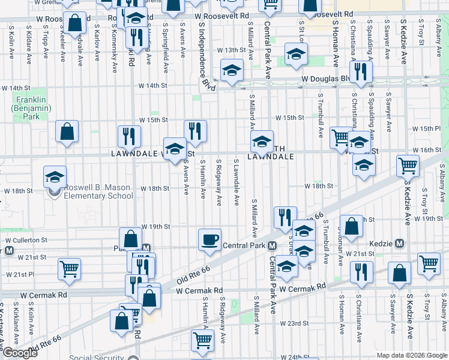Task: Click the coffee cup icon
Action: [x=209, y=240]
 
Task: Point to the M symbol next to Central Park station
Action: [x=272, y=246]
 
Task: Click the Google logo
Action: [x=20, y=353]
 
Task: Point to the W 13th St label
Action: [x=228, y=50]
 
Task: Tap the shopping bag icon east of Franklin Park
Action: [x=67, y=131]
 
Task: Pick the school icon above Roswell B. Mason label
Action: [x=55, y=177]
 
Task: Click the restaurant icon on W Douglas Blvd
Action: [x=360, y=72]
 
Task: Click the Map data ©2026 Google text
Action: [x=411, y=355]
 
